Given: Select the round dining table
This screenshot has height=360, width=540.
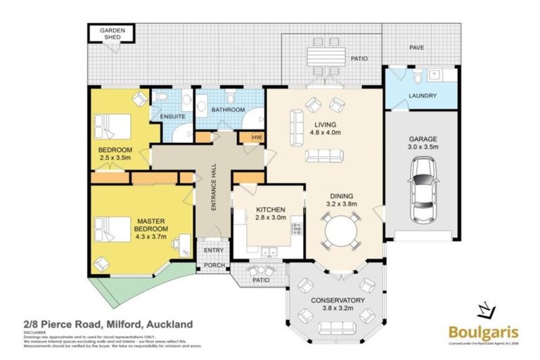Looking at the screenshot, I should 340,232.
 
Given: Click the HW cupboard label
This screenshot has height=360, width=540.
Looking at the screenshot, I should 256,137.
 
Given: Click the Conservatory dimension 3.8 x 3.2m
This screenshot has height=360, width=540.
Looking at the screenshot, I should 338,309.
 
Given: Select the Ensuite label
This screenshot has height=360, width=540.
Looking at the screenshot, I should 172,117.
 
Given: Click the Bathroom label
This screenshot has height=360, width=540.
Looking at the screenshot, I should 229,110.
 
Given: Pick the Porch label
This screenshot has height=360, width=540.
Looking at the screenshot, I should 213,265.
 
